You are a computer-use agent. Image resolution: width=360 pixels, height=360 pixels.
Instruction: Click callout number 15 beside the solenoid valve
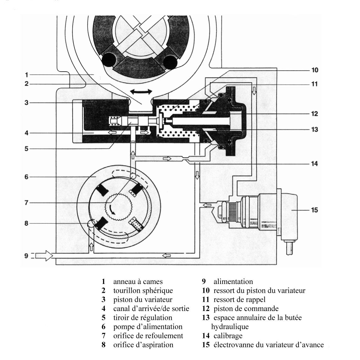pos(314,210)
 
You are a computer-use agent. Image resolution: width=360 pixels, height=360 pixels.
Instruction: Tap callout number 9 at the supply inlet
pos(27,255)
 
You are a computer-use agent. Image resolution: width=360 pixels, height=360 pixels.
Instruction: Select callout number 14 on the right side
pos(314,164)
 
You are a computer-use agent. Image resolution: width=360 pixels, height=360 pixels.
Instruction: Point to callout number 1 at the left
pos(27,75)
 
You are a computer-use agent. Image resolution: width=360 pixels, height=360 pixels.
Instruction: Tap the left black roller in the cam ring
pos(109,60)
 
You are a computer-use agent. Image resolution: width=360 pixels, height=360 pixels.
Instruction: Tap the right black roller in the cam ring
pos(170,62)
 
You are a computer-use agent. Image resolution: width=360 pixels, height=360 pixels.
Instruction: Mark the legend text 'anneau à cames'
pos(138,282)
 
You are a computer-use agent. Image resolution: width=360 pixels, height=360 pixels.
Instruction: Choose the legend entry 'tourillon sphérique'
pos(143,291)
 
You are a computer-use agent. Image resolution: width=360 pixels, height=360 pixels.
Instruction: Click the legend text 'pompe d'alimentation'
pos(148,327)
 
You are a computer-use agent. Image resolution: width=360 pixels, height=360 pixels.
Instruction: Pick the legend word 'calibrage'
pos(228,336)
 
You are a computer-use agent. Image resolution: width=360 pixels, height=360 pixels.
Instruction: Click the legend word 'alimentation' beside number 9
pos(233,282)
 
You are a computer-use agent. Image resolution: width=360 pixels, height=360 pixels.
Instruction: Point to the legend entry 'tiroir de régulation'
pos(143,318)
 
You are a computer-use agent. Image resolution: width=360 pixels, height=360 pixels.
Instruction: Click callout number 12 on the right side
pos(314,114)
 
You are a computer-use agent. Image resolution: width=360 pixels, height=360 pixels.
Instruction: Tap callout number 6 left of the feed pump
pos(27,177)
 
